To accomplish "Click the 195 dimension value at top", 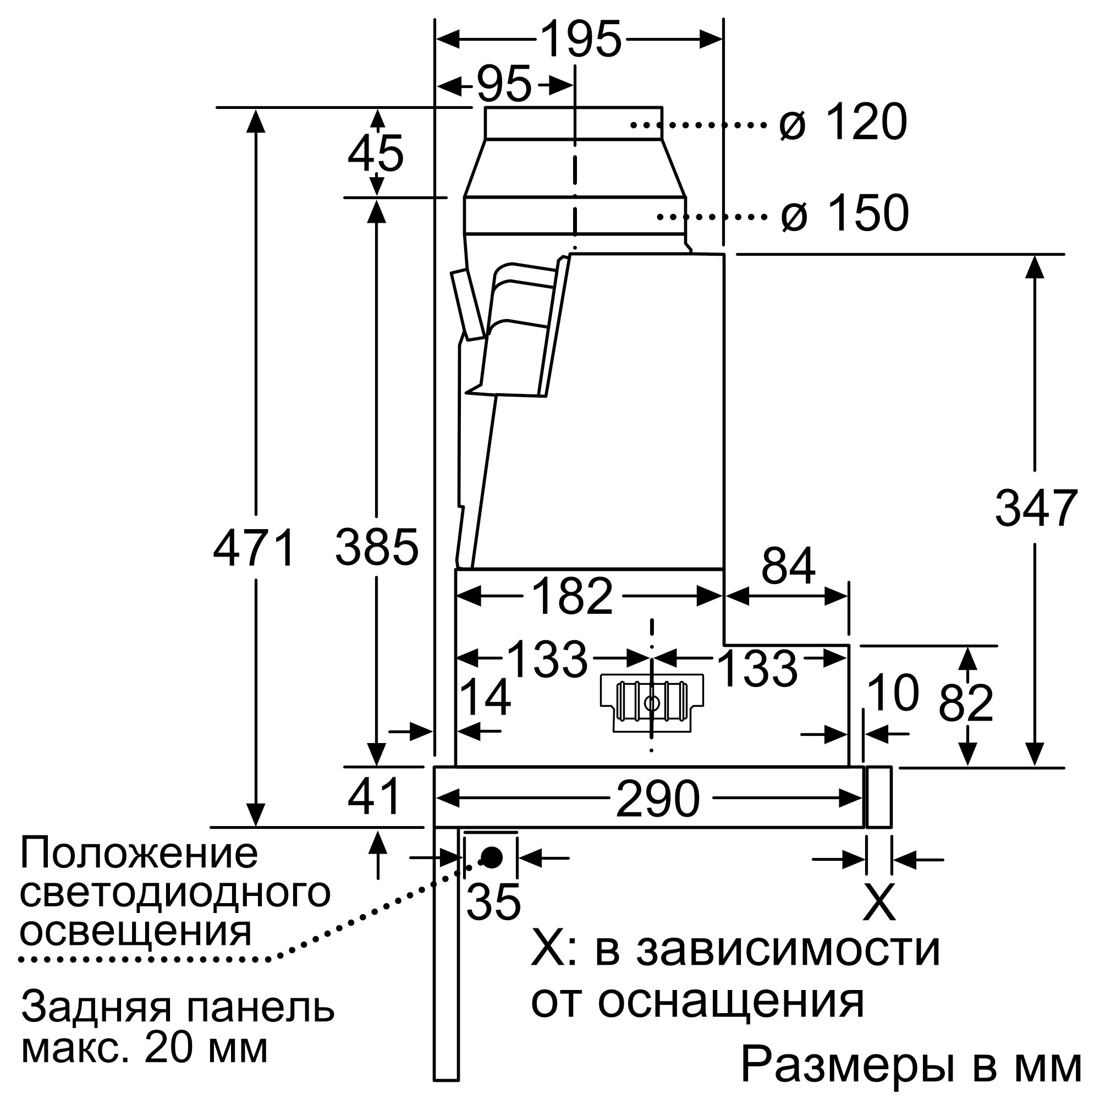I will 580,39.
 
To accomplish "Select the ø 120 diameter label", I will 843,123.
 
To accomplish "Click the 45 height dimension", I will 376,154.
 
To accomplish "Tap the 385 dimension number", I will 376,548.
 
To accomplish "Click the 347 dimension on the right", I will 1036,508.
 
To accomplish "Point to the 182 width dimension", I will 571,597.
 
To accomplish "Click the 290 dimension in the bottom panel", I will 658,799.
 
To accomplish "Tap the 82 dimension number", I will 966,703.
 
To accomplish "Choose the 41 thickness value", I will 374,797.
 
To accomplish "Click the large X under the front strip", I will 879,902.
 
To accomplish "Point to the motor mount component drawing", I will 652,702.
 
